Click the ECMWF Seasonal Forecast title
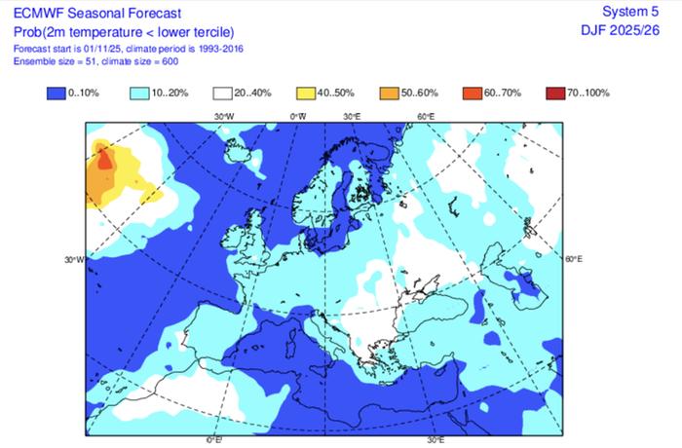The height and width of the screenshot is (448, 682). (x=95, y=12)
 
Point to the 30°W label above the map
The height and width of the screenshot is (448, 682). (x=225, y=117)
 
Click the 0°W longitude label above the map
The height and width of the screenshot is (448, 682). (x=298, y=117)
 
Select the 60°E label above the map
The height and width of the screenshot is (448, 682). (x=426, y=117)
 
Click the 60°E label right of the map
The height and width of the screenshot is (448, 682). (x=574, y=259)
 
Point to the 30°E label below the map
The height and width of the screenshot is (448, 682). (x=435, y=440)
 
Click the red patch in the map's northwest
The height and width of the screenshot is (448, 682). (x=104, y=161)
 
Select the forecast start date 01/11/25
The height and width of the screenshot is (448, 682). (x=95, y=48)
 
